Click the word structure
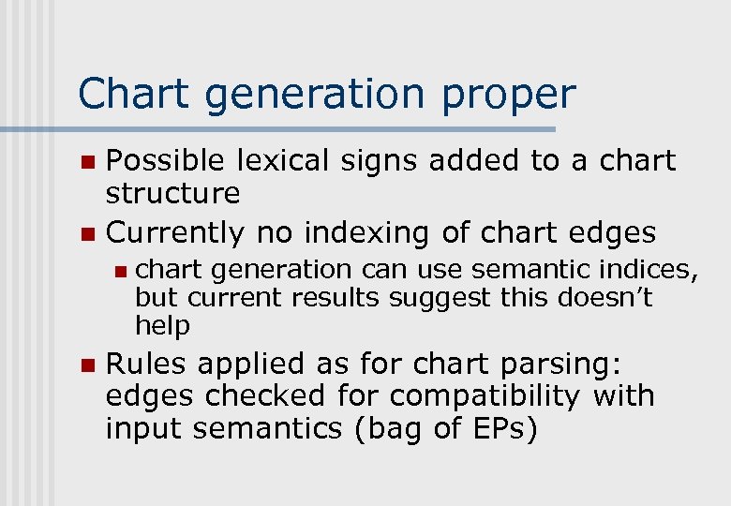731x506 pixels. point(173,194)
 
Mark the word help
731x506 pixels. point(162,326)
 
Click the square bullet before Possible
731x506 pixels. point(87,162)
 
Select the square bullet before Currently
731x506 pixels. point(87,232)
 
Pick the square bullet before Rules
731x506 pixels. point(87,365)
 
